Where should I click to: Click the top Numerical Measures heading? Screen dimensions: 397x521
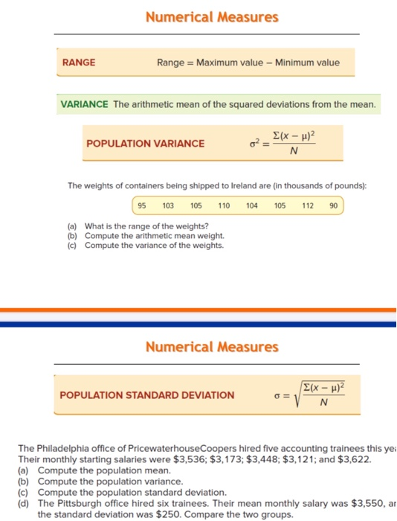212,16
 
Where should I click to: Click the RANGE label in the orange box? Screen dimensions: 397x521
79,63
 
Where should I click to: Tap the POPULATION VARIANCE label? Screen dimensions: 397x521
146,143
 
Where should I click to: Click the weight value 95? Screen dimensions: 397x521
143,205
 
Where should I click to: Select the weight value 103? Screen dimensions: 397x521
168,205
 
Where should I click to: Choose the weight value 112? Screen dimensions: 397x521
309,205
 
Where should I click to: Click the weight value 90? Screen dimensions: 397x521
332,205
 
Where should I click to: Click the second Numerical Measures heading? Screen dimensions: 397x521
212,347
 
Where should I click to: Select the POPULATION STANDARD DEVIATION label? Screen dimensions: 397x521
147,395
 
